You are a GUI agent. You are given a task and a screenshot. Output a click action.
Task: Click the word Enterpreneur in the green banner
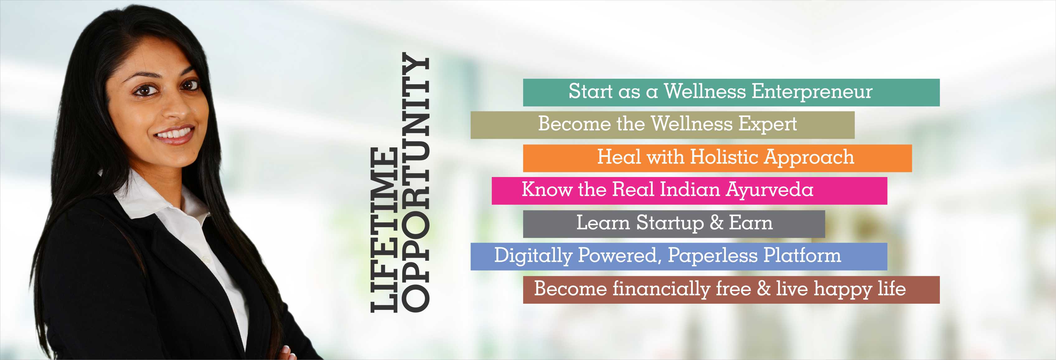click(812, 92)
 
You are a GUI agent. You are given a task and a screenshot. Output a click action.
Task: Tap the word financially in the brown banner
click(661, 289)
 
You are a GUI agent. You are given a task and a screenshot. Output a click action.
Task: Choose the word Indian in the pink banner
click(690, 189)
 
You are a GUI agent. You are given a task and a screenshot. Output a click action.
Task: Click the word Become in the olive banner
click(574, 124)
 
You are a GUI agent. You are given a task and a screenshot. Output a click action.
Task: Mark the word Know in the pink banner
click(547, 189)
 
